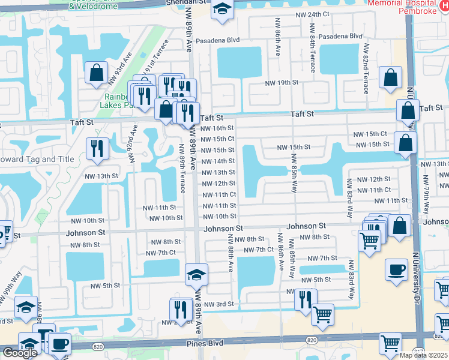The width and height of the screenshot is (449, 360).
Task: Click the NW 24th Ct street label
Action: [x=321, y=14]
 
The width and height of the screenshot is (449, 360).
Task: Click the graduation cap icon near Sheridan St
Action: [x=222, y=10]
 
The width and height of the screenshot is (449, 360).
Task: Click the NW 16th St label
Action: [x=217, y=128]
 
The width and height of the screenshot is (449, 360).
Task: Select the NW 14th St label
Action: [x=217, y=161]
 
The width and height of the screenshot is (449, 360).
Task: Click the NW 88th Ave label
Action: [x=230, y=253]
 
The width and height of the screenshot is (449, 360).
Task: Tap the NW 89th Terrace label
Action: [x=181, y=169]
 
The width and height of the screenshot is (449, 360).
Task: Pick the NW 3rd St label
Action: [x=218, y=305]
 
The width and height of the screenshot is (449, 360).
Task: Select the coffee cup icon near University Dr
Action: [x=396, y=270]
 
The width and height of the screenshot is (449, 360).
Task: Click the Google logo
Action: [x=20, y=352]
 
